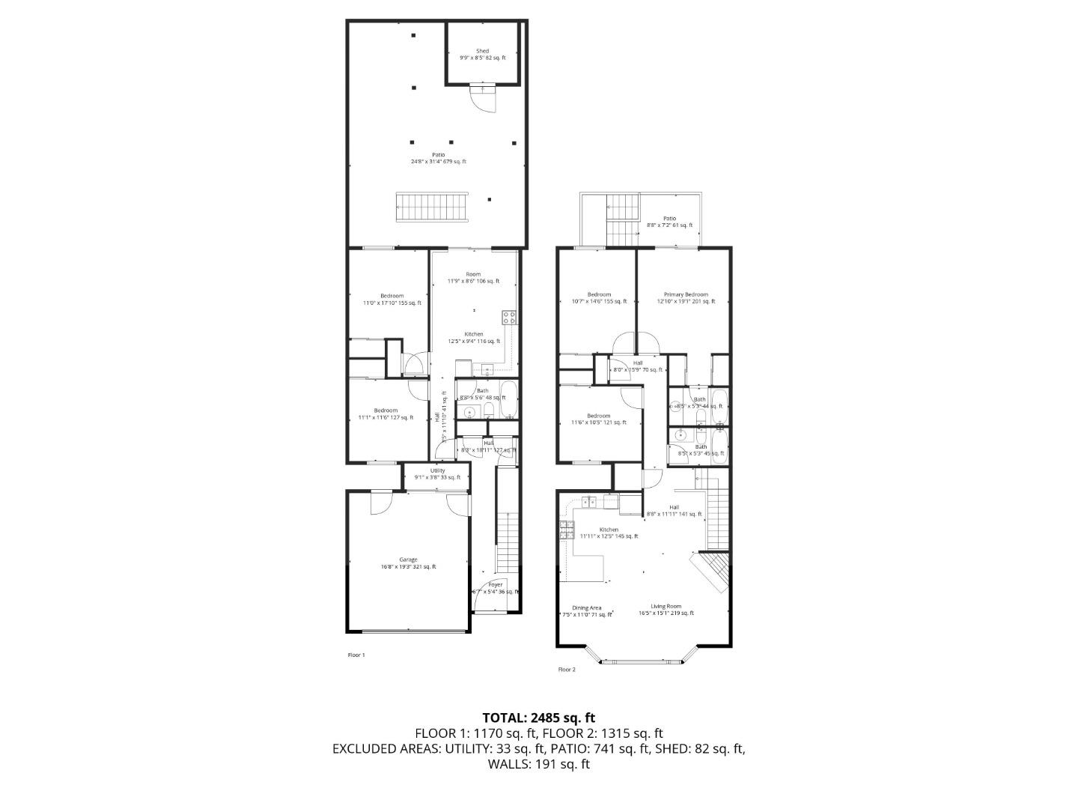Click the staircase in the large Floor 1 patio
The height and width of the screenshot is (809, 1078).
(431, 207)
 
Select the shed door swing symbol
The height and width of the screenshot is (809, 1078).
(484, 97)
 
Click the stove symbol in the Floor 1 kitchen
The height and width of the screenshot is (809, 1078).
(509, 317)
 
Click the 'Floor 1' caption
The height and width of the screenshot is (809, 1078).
(356, 655)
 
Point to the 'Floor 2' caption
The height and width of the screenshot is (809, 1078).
(567, 670)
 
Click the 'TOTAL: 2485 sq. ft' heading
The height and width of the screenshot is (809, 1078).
(538, 718)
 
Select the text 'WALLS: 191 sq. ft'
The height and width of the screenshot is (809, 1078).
(538, 764)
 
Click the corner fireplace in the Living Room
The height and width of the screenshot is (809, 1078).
(710, 572)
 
